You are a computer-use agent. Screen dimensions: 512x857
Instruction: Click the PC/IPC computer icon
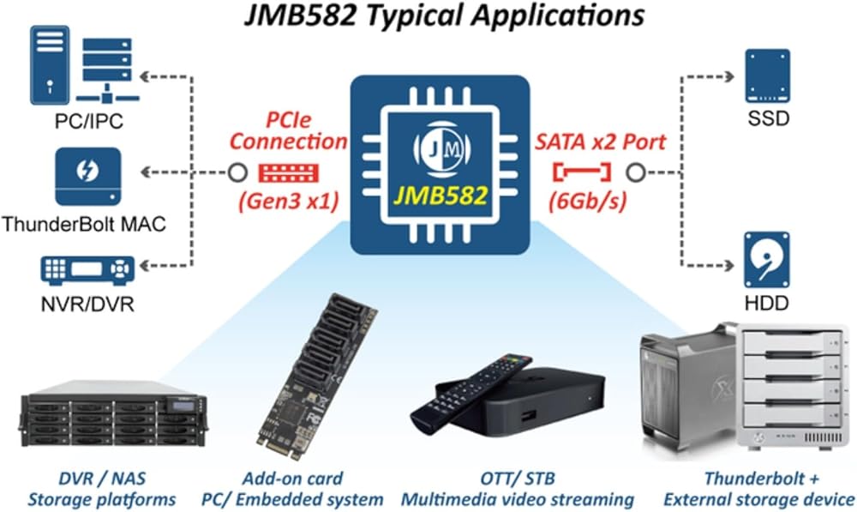82,68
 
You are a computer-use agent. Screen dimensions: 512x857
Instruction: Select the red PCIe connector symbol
288,172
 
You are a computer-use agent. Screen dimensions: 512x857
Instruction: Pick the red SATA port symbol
583,172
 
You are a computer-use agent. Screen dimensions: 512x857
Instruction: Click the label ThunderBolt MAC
83,225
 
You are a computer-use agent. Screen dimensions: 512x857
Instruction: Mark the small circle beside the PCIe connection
237,172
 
